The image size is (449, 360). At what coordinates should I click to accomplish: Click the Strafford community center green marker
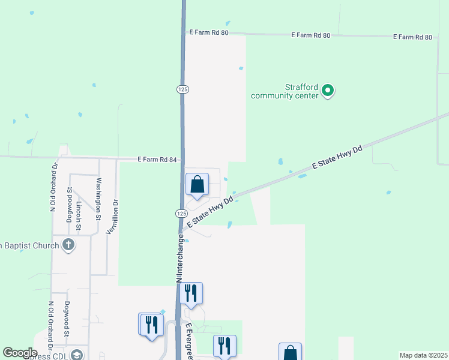328,91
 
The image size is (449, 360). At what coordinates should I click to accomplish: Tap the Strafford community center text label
284,91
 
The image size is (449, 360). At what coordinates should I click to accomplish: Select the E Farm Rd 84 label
157,160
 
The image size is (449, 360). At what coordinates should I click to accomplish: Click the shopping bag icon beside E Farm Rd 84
197,185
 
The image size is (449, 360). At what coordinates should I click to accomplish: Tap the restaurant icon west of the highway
151,325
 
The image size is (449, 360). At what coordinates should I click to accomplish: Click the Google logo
20,353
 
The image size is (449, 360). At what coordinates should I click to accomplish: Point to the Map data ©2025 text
423,355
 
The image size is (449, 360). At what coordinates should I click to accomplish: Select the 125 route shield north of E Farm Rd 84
182,89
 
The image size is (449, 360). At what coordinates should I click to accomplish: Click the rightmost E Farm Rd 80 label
412,37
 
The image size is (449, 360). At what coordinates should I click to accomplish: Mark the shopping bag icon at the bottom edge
291,353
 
